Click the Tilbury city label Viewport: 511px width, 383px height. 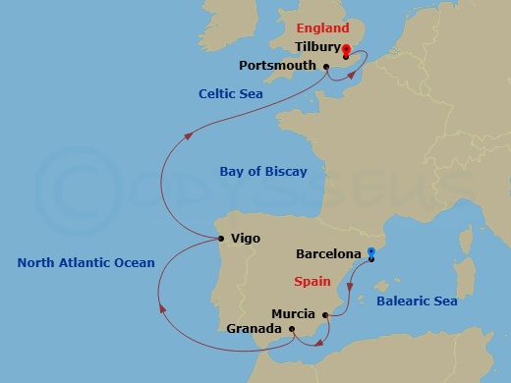tap(318, 46)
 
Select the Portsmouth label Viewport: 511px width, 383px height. tap(278, 66)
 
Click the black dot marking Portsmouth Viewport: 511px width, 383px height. tap(326, 66)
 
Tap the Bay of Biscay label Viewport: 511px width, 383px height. tap(263, 172)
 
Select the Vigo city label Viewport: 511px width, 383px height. tap(245, 238)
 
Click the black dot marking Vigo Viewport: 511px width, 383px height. tap(222, 238)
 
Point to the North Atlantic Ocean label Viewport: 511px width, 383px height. tap(86, 262)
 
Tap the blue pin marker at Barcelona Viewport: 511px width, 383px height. tap(371, 255)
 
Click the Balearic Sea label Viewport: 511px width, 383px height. tap(418, 301)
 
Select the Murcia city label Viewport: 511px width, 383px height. tap(293, 314)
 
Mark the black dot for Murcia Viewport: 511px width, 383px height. tap(325, 314)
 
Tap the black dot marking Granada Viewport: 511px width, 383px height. tap(292, 329)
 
